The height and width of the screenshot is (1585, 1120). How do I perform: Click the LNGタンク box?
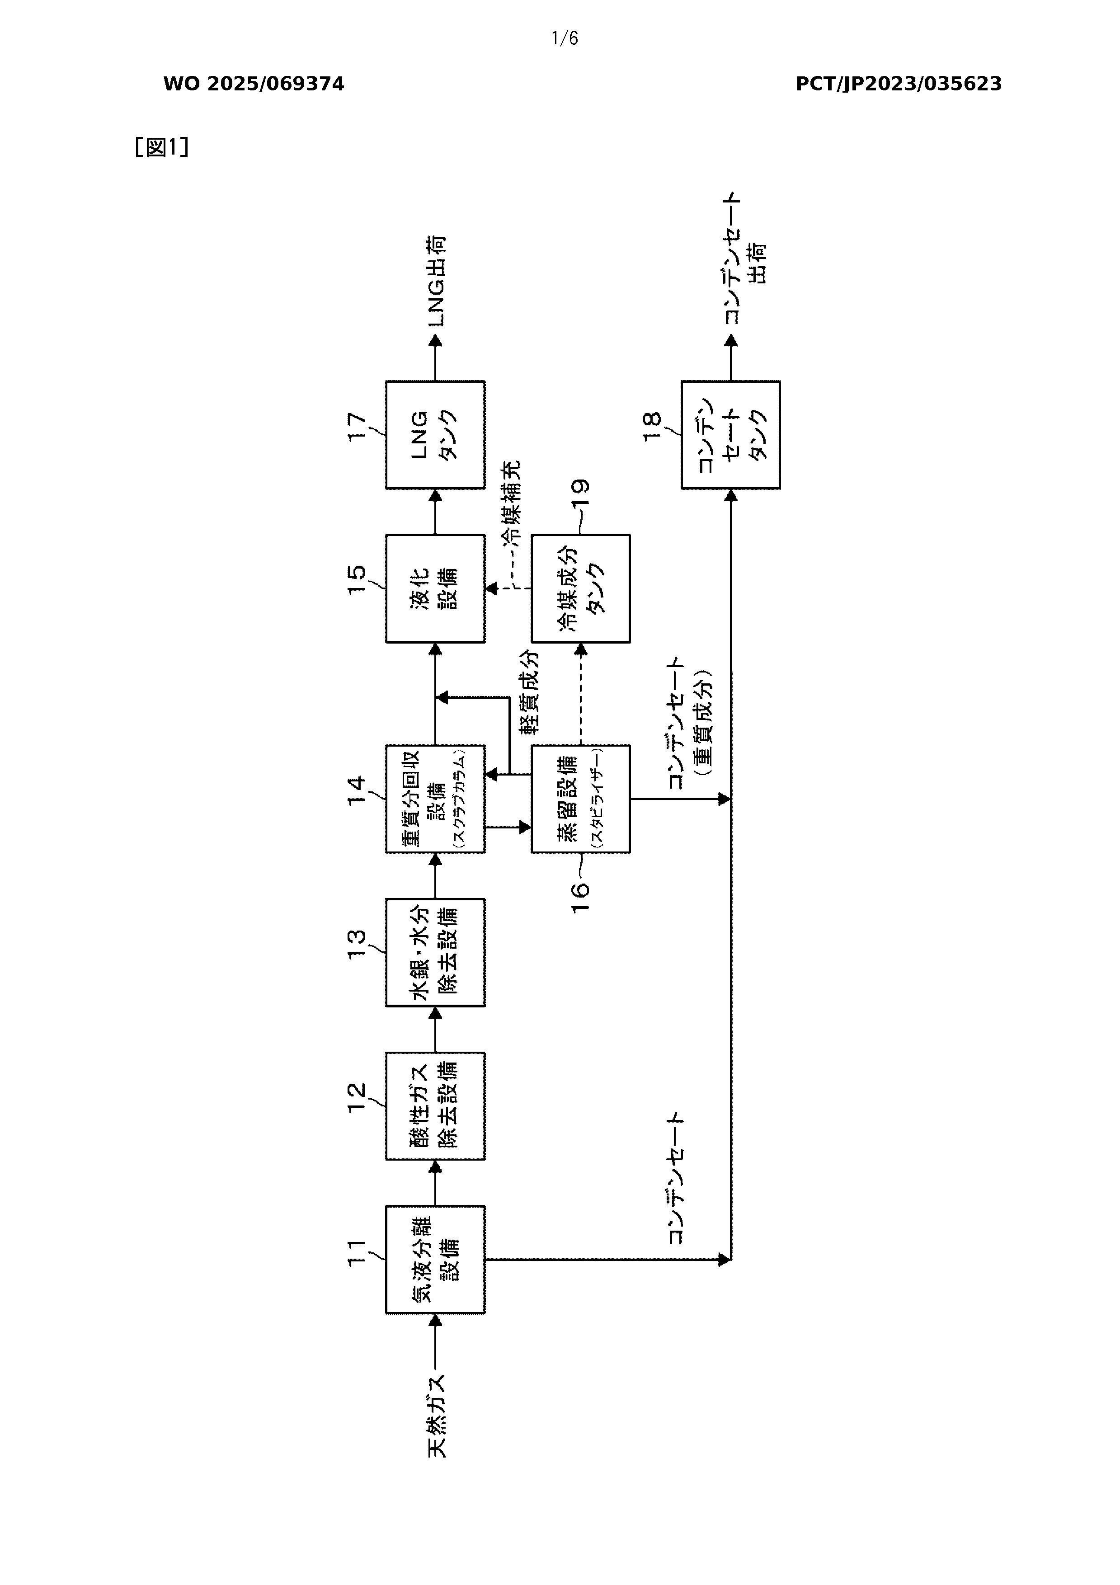pos(435,435)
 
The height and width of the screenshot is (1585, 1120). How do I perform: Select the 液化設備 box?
pos(435,588)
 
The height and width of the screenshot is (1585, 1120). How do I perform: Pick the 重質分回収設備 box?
pos(435,799)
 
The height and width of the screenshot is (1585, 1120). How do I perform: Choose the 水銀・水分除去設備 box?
pos(435,953)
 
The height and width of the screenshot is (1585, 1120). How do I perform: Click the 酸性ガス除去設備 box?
pos(435,1106)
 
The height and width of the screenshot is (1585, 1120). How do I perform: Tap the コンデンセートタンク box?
pos(730,435)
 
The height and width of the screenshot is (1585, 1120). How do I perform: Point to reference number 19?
pos(581,495)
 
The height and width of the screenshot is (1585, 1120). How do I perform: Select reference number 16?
pos(581,897)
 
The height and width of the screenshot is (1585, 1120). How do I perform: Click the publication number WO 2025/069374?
pos(254,84)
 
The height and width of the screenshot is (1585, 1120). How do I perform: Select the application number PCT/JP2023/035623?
pos(899,84)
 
